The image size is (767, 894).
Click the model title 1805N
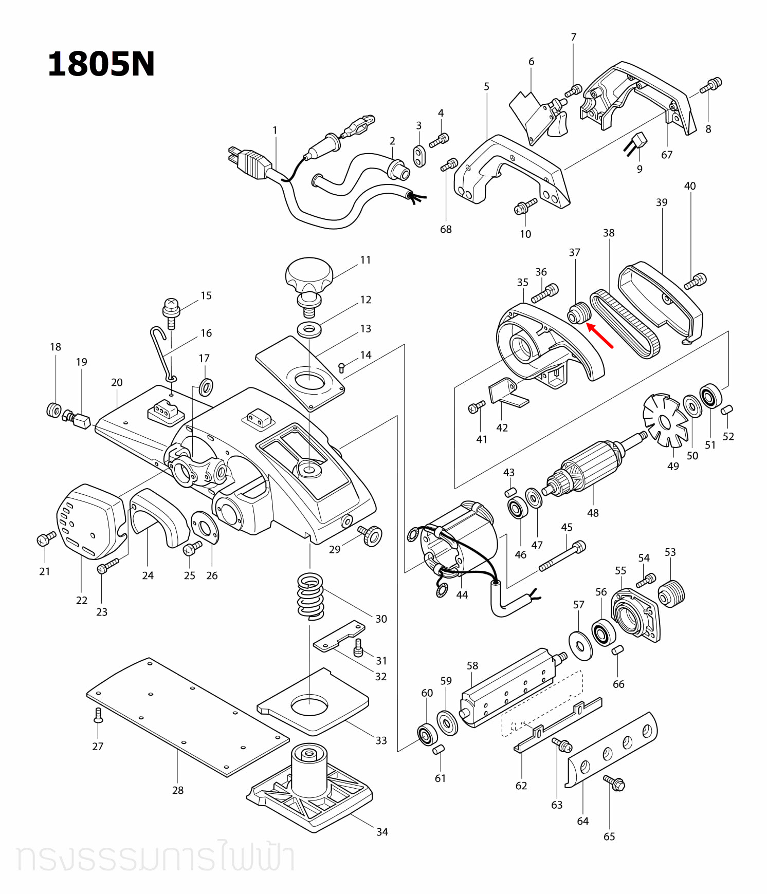click(x=101, y=65)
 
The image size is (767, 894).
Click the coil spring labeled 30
click(x=311, y=596)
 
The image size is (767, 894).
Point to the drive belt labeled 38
click(x=624, y=324)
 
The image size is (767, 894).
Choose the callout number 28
click(x=178, y=790)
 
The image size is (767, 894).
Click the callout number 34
click(x=382, y=832)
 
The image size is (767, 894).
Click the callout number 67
click(x=667, y=155)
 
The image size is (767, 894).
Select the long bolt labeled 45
click(x=562, y=556)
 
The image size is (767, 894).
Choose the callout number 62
click(x=521, y=786)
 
